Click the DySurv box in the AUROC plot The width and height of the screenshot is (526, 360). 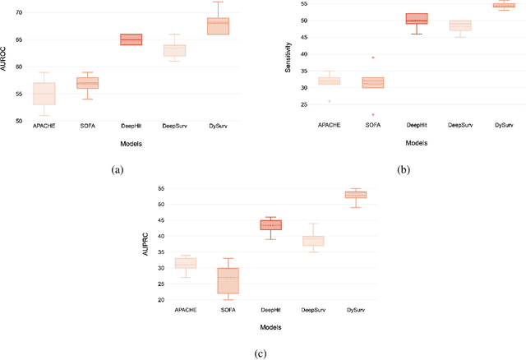218,25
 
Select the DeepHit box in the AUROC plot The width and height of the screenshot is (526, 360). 131,39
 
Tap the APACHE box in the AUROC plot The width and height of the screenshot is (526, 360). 44,94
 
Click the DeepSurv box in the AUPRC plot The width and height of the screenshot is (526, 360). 313,241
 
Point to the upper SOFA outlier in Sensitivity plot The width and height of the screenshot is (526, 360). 373,58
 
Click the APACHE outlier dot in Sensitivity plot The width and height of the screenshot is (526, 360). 330,101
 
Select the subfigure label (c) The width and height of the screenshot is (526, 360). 261,353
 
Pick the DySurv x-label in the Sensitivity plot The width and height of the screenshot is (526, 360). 503,123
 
